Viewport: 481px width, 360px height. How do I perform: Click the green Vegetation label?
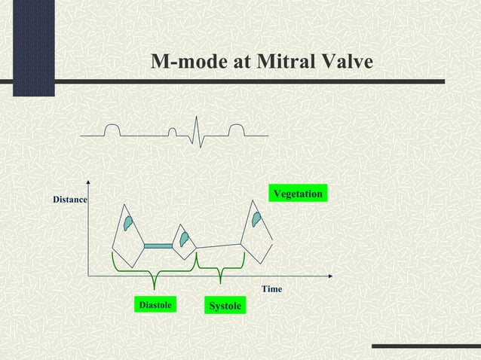coord(298,194)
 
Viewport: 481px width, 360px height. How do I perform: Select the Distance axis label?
coord(69,200)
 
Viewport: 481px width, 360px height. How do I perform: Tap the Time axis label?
coord(271,289)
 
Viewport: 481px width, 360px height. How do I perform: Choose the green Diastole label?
coord(155,305)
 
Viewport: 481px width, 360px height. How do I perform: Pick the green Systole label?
coord(224,307)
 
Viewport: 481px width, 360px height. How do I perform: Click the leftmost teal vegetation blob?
coord(129,223)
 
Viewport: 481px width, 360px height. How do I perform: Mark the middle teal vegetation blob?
coord(183,239)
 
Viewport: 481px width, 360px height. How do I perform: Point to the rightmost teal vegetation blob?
coord(257,220)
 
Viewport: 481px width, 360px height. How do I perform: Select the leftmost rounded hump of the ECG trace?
coord(111,130)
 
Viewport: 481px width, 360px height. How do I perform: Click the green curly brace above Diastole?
coord(154,271)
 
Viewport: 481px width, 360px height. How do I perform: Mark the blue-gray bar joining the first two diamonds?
coord(158,246)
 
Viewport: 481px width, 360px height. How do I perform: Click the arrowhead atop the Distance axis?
coord(89,182)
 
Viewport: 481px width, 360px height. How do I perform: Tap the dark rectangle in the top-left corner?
coord(27,48)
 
